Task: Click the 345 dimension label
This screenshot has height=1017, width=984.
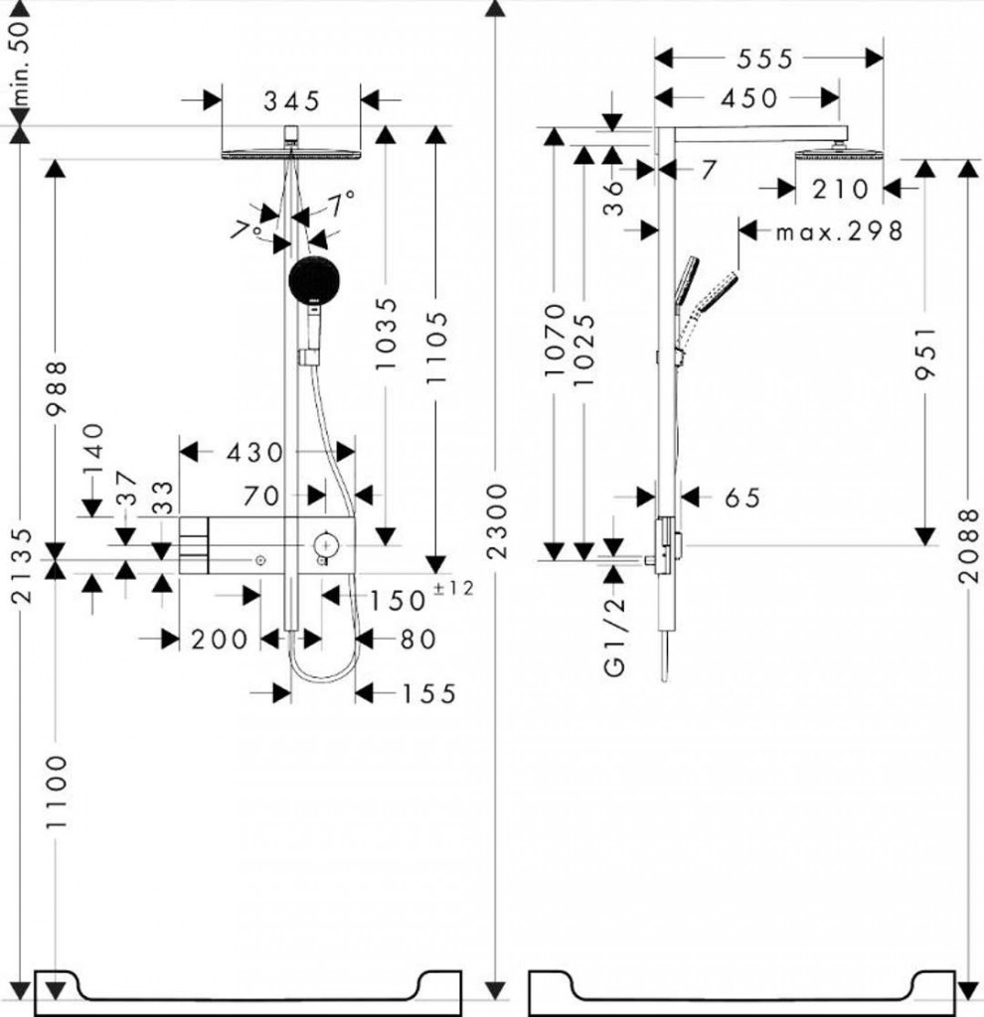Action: click(291, 100)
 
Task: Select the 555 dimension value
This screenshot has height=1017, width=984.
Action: click(764, 60)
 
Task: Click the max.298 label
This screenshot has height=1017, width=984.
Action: click(839, 231)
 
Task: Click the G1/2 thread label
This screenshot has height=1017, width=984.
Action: click(615, 637)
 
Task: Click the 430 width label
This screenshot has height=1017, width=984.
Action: click(255, 453)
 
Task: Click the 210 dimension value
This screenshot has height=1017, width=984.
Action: click(839, 188)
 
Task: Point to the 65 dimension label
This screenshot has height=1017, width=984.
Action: click(740, 498)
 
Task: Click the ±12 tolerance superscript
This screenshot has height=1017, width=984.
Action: click(453, 589)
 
